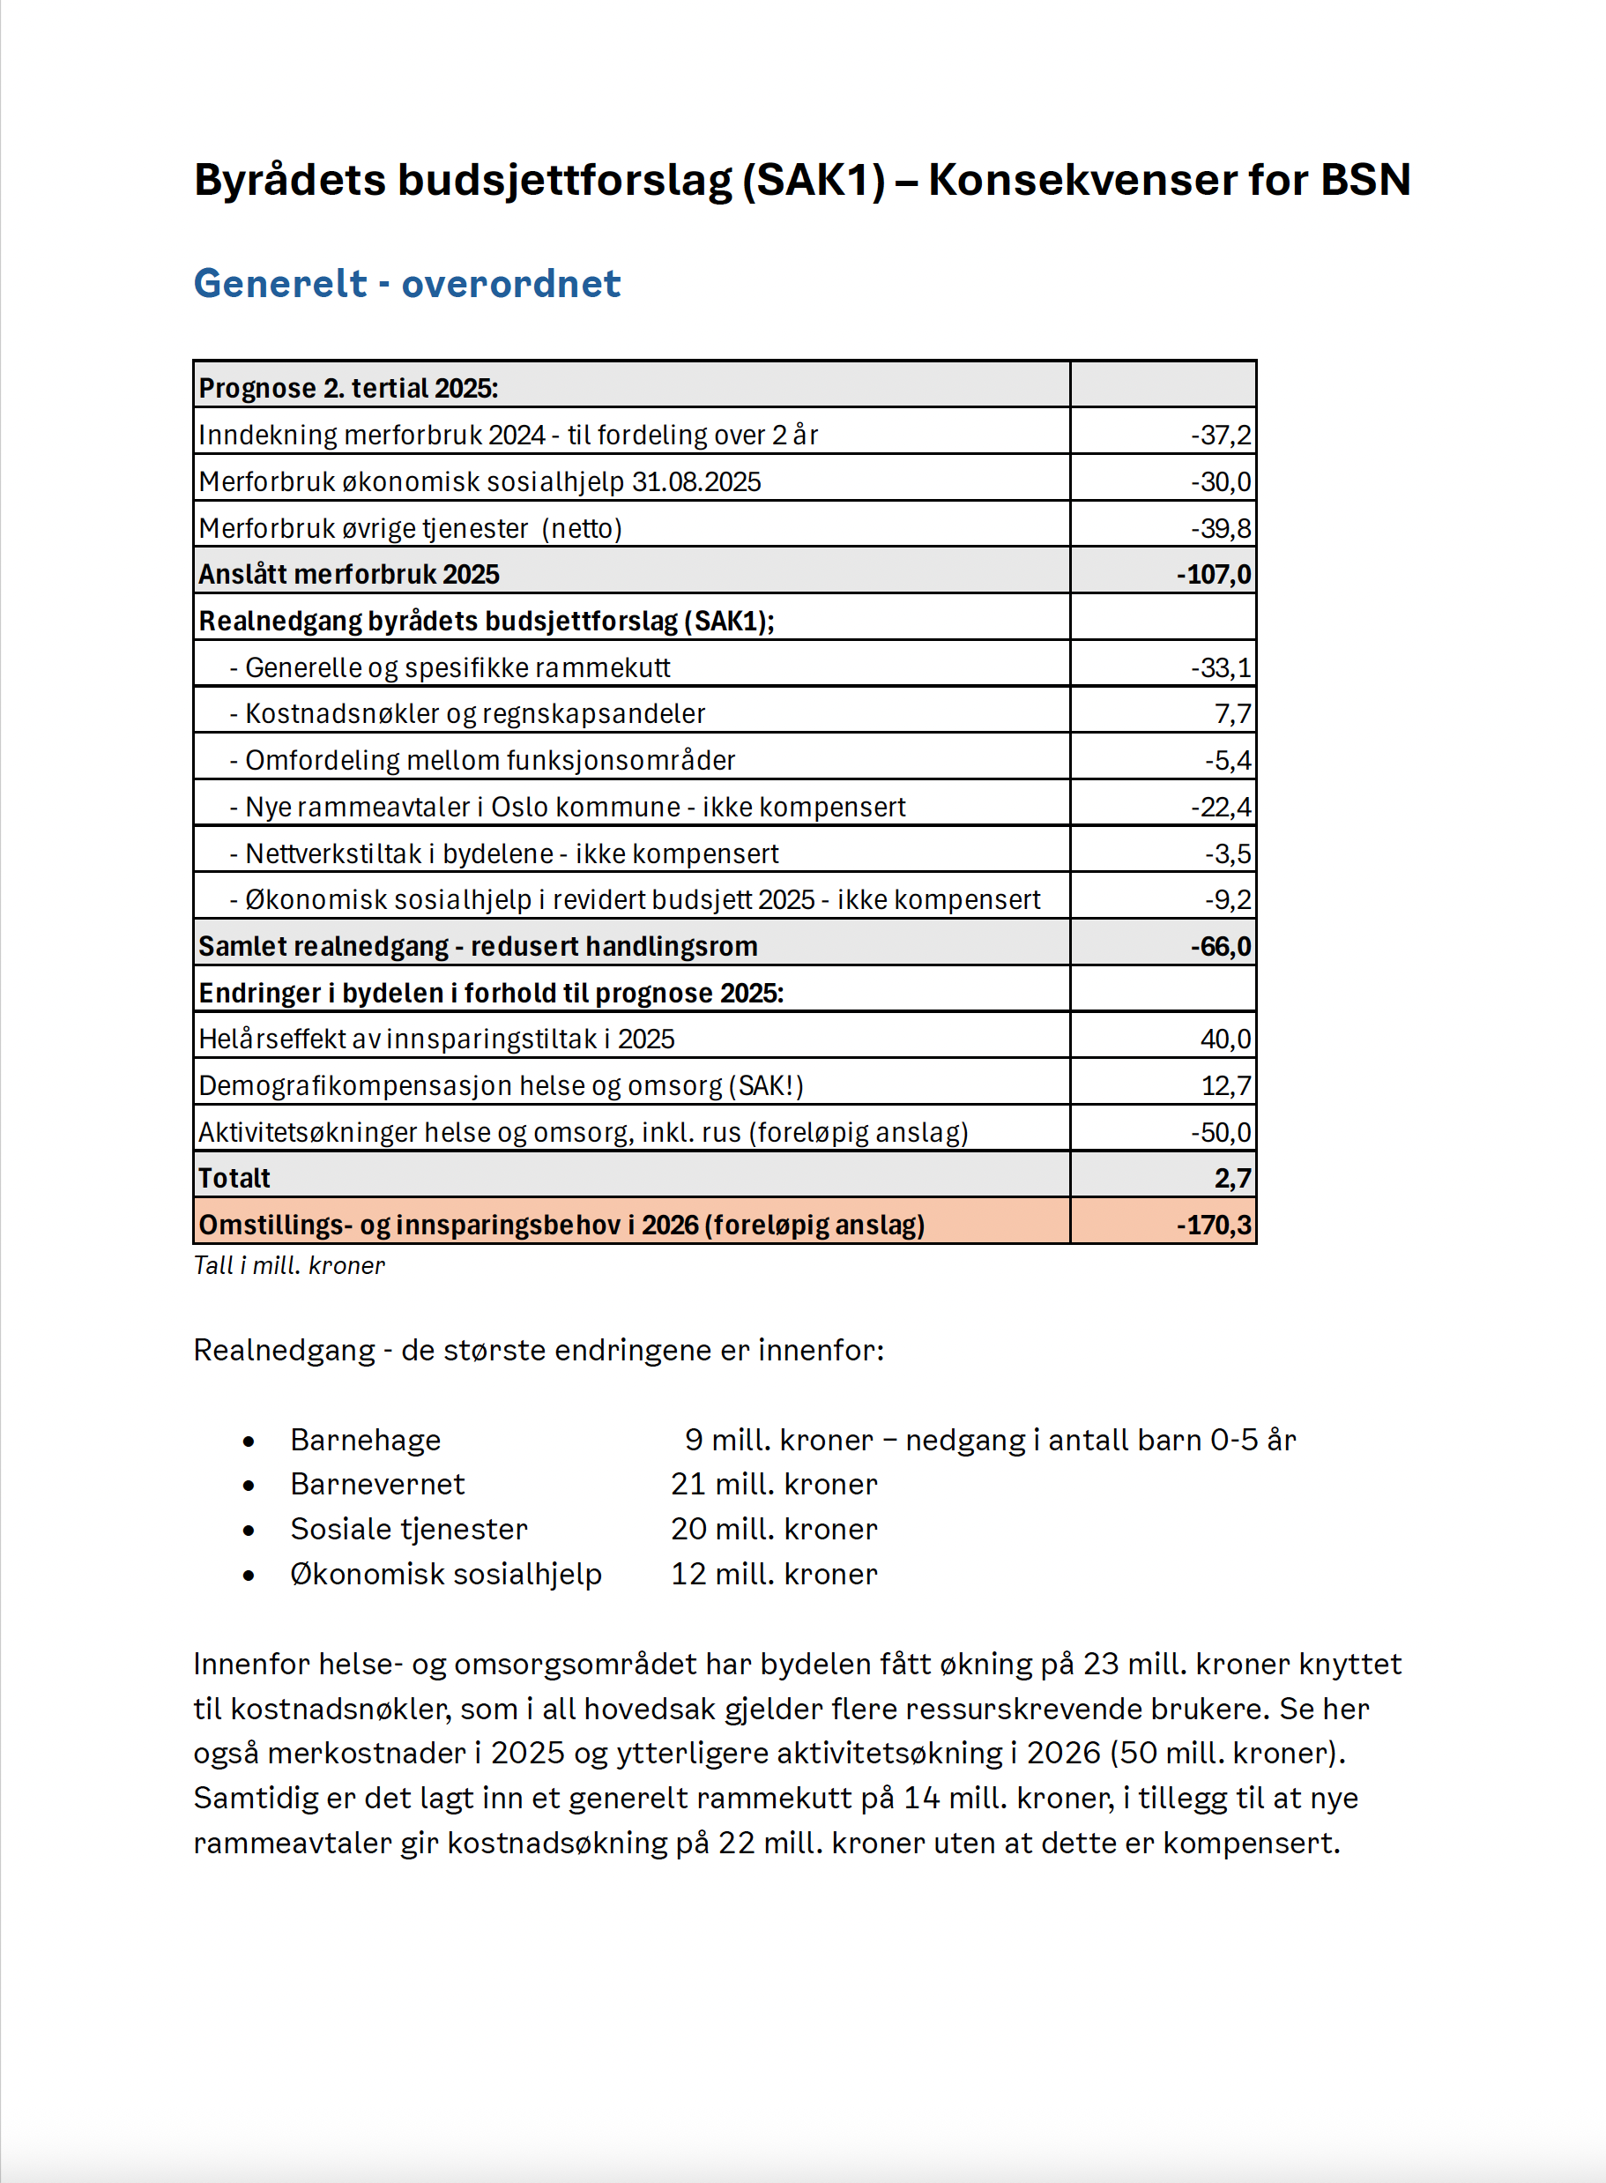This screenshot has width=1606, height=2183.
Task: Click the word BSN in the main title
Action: (1364, 180)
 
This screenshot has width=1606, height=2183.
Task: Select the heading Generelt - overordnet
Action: (406, 284)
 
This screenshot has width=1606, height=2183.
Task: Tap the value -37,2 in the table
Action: (1221, 435)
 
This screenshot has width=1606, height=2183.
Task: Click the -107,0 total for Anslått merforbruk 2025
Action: (1215, 575)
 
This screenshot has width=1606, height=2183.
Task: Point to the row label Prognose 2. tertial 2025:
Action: (348, 388)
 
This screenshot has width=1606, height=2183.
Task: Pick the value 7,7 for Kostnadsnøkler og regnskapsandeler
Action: (1232, 714)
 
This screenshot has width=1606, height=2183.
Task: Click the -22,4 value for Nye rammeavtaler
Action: (1221, 807)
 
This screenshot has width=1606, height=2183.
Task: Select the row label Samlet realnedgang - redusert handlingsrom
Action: (478, 946)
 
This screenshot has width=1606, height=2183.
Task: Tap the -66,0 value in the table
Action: (1221, 946)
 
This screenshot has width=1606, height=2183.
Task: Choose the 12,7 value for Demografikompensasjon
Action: (1227, 1085)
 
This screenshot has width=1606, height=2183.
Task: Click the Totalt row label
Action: (234, 1179)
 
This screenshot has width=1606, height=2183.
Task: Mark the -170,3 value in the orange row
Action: (1215, 1226)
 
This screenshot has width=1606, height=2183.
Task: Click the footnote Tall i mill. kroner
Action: (289, 1266)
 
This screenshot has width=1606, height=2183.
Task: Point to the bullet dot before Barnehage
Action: (249, 1441)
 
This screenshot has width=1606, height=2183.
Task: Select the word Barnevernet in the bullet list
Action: (377, 1485)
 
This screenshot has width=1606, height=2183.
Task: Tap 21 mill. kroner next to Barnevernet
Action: (774, 1485)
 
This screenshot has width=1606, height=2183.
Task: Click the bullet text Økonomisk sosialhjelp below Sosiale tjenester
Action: (445, 1575)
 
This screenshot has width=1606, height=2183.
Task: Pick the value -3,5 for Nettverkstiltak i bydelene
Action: (1228, 853)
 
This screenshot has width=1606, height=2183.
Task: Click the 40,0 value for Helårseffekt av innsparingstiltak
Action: (1226, 1039)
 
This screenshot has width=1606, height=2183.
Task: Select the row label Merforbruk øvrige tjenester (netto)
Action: (409, 528)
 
